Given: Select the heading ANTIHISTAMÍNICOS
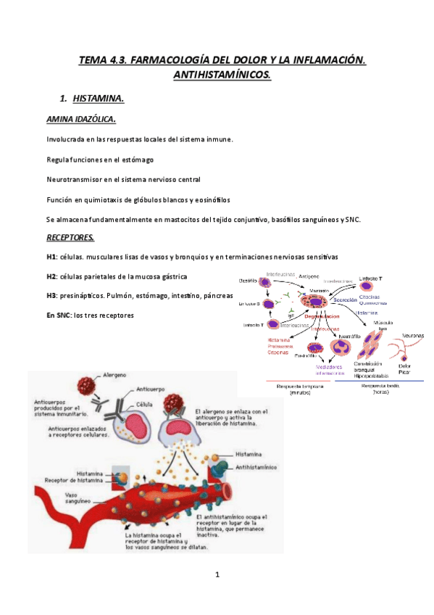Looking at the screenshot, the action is pos(222,75).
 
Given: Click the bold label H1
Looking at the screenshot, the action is pos(51,257).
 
